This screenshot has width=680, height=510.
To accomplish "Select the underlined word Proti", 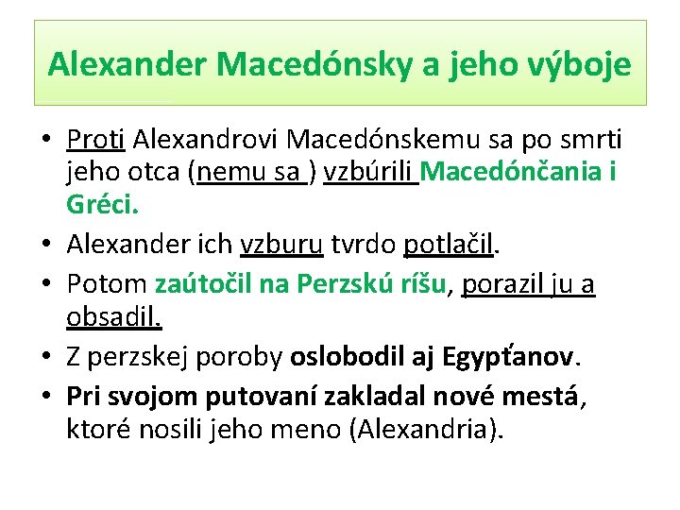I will tap(95, 140).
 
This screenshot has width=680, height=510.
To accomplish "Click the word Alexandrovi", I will tap(206, 140).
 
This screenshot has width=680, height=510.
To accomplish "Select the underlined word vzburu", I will tap(282, 246).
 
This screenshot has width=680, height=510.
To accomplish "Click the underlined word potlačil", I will tap(448, 246).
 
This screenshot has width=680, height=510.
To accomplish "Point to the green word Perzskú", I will tap(343, 284).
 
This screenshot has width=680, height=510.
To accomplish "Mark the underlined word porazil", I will tap(501, 284).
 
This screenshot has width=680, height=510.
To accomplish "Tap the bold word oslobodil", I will tap(349, 357).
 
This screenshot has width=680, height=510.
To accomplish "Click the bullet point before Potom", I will tap(45, 285).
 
